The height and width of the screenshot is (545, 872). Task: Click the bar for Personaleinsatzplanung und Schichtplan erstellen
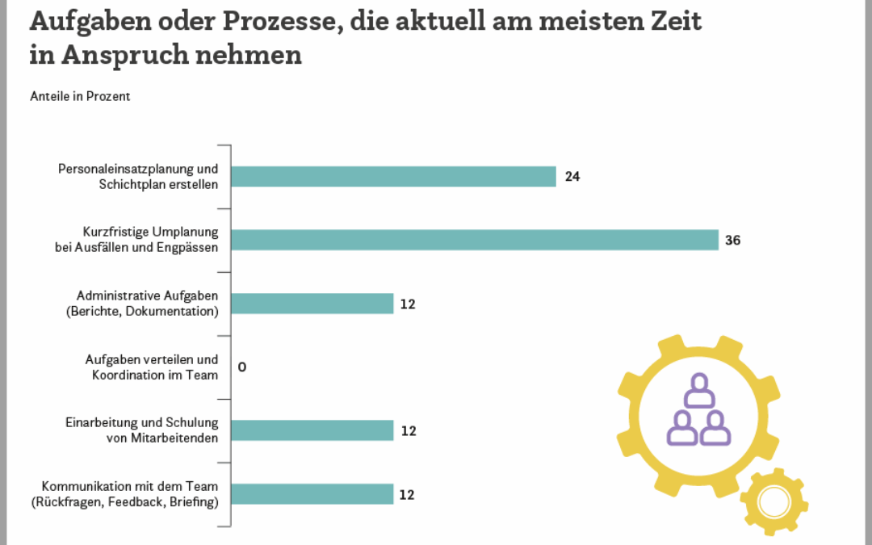(393, 176)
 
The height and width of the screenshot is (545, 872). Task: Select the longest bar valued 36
(474, 240)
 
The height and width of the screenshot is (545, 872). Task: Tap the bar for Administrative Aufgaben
(312, 304)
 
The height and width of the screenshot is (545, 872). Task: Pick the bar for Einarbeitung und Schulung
(312, 430)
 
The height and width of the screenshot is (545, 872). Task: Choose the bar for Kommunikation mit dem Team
(312, 494)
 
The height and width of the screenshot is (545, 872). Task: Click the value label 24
(572, 177)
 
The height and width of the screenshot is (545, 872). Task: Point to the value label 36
(733, 241)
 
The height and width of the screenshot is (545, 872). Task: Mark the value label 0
(242, 367)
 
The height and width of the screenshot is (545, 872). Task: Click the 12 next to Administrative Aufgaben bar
(408, 304)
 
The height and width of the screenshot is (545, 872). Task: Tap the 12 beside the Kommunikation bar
(408, 495)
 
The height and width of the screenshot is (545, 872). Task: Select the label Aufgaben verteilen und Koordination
(152, 367)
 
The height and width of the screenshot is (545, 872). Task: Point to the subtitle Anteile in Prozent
(80, 96)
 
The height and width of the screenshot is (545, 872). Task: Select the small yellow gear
(773, 502)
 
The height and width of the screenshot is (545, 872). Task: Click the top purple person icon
(699, 390)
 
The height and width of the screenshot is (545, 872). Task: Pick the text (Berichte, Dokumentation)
(142, 311)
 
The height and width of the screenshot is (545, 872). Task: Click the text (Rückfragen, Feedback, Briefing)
(124, 501)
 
